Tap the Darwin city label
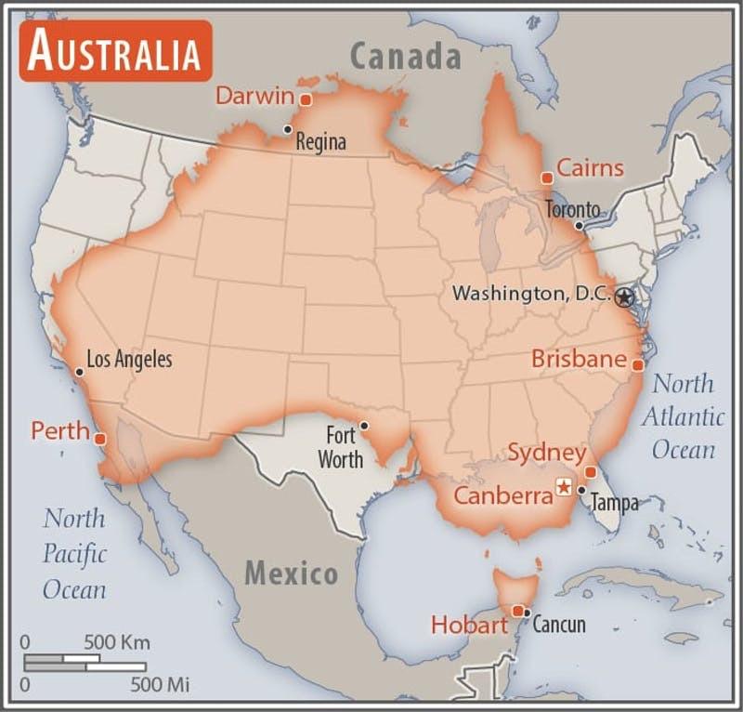click(x=254, y=96)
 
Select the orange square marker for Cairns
click(x=547, y=177)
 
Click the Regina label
click(x=320, y=142)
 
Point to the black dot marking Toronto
click(x=579, y=225)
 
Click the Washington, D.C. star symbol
click(x=624, y=297)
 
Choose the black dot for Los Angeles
click(x=79, y=372)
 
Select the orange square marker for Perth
click(x=100, y=439)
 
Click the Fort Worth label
click(x=340, y=446)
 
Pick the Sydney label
click(x=547, y=454)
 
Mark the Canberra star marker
click(x=563, y=486)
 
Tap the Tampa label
click(x=615, y=503)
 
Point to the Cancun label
click(x=559, y=624)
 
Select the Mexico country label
click(x=291, y=573)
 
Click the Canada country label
click(x=405, y=57)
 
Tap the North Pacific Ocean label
click(x=74, y=554)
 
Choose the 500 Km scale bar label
click(x=117, y=642)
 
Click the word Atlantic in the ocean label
click(x=683, y=416)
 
